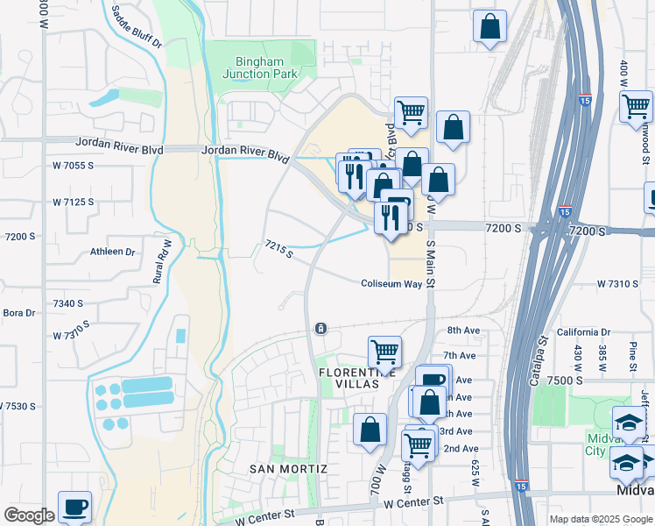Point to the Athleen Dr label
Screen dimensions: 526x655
point(113,252)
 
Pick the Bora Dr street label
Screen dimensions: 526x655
point(18,313)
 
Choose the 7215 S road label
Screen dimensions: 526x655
point(279,250)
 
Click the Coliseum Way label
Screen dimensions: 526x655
point(391,284)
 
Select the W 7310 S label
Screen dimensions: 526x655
point(625,284)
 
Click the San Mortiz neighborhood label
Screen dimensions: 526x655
point(288,469)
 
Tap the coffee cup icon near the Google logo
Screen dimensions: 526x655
point(74,507)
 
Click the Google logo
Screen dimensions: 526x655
point(29,515)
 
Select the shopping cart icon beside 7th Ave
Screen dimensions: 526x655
point(384,352)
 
